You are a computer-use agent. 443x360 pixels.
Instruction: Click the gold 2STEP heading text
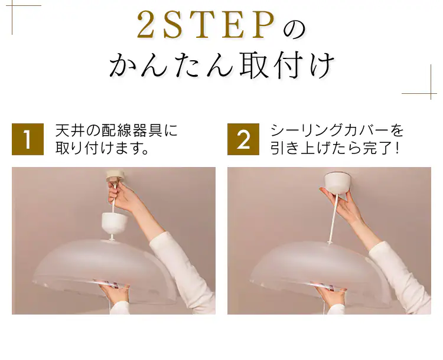click(206, 25)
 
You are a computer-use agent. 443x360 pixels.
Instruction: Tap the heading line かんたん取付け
click(221, 66)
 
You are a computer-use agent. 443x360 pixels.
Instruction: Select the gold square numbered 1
click(28, 139)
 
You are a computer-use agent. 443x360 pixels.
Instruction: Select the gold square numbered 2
click(243, 139)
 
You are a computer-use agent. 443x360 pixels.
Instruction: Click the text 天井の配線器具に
click(116, 130)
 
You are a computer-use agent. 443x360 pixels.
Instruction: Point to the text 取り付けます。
click(102, 148)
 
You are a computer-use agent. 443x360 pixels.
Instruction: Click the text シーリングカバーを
click(337, 130)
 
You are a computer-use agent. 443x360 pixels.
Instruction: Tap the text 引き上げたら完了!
click(335, 148)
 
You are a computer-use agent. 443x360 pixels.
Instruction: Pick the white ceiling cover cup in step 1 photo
click(115, 222)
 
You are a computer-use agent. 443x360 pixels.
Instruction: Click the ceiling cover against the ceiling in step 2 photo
click(337, 183)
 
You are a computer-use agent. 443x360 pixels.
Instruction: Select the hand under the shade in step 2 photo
click(331, 295)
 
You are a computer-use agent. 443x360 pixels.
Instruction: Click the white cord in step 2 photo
click(333, 217)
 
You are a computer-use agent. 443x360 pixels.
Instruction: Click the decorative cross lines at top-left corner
click(12, 5)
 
